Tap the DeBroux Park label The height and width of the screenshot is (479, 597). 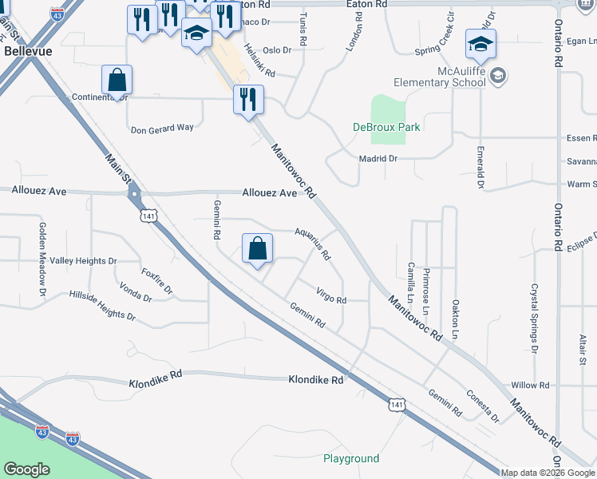386,127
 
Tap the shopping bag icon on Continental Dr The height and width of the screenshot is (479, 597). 117,80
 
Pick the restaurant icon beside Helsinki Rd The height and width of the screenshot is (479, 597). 248,100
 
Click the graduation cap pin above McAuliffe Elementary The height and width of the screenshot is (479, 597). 481,44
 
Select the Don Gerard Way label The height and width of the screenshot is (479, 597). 162,128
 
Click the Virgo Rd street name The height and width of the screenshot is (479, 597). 331,295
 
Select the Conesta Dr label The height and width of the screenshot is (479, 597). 484,407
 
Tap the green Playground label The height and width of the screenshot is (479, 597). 351,458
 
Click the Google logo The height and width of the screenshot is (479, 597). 26,469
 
